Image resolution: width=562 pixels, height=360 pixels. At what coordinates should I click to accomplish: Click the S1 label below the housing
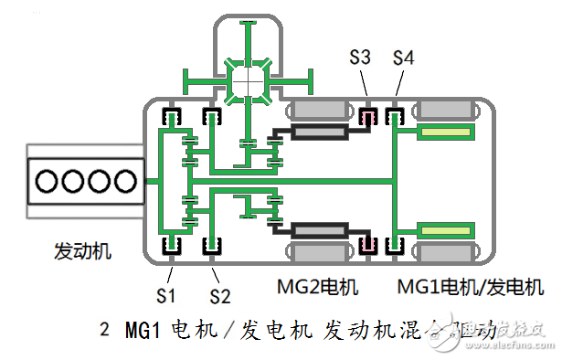(x=166, y=294)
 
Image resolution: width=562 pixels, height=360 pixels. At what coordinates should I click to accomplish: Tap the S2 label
(x=220, y=294)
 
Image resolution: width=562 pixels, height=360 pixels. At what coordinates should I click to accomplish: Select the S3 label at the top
(x=360, y=58)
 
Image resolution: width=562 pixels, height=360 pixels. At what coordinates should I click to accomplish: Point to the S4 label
(x=404, y=58)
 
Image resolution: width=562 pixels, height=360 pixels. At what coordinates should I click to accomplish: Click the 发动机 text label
(x=83, y=249)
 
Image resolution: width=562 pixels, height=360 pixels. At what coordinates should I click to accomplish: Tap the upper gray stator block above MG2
(x=318, y=111)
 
